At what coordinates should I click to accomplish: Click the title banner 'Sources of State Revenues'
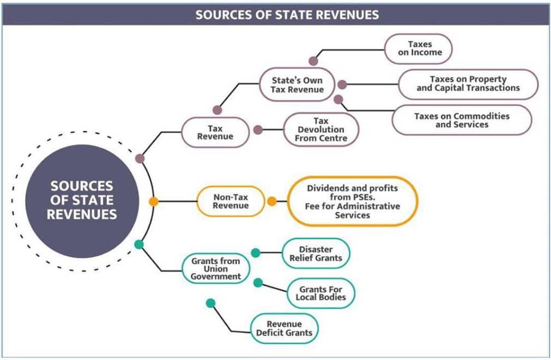[287, 14]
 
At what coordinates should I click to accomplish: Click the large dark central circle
[82, 200]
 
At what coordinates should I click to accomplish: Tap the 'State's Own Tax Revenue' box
[297, 84]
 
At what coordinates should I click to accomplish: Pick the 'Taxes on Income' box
[419, 49]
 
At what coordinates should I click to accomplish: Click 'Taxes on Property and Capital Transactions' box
[468, 84]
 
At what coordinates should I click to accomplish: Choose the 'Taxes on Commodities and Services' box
[462, 120]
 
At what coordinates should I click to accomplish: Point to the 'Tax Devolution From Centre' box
[321, 130]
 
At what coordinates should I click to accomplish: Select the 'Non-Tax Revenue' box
[231, 201]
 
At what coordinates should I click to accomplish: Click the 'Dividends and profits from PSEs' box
[352, 201]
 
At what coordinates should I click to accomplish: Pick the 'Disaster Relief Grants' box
[316, 253]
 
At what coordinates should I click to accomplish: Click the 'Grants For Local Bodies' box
[320, 293]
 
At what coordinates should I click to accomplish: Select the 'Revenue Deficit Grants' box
[284, 328]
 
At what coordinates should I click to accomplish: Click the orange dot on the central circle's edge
[154, 202]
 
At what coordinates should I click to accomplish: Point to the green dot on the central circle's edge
[139, 245]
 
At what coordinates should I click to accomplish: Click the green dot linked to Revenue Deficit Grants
[211, 303]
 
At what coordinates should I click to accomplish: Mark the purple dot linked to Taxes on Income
[313, 61]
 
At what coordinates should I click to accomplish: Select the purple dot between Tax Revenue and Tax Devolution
[258, 130]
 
